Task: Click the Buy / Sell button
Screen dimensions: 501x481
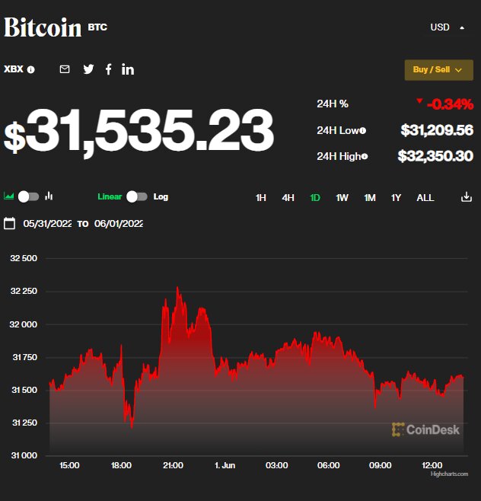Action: coord(438,70)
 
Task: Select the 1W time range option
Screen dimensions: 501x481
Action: coord(342,198)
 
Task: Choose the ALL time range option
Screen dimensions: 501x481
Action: coord(425,198)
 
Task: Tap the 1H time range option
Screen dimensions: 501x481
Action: coord(261,198)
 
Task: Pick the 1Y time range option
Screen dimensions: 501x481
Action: coord(396,198)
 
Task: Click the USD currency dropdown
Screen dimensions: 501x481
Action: coord(447,27)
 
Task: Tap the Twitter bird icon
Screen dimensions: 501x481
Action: coord(88,69)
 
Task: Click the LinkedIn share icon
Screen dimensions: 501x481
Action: coord(128,69)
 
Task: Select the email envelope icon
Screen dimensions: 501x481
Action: coord(65,69)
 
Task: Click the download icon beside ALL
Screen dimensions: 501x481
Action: coord(467,197)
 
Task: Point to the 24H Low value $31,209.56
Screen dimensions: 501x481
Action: coord(437,130)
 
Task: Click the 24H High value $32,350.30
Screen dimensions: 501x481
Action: coord(435,156)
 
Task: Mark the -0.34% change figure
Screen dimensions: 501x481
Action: coord(450,104)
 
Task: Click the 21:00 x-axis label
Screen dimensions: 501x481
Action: coord(173,465)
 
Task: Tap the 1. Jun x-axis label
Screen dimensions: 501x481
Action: coord(225,465)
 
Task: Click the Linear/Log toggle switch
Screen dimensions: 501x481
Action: coord(137,196)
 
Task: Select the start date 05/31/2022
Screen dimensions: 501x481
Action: coord(47,224)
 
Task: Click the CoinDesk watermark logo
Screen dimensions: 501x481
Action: coord(426,429)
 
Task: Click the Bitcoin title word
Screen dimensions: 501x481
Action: coord(43,27)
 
